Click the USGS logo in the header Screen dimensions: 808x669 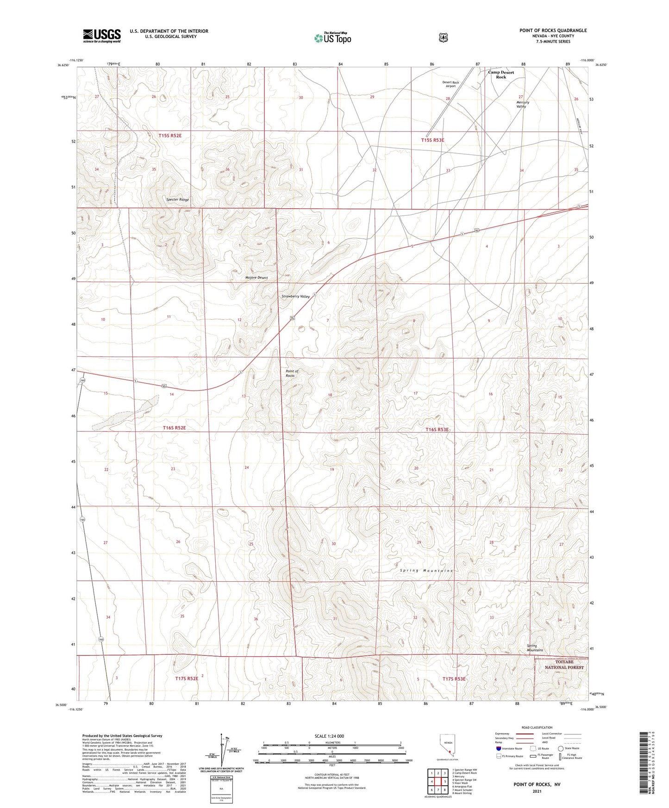101,36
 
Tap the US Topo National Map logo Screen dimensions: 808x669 332,37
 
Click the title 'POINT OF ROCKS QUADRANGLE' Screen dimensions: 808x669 553,31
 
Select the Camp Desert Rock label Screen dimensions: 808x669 501,75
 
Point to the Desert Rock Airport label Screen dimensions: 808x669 450,84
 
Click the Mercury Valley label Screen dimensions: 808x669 522,104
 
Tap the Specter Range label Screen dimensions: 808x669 178,199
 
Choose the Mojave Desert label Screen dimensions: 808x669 256,278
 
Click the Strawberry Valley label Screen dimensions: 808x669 295,296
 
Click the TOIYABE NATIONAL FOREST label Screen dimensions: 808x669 564,665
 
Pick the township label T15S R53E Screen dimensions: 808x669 432,140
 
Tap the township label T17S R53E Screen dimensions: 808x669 454,679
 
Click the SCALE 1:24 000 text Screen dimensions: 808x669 329,736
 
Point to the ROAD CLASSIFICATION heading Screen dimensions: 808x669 537,727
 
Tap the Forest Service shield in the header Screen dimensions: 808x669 443,37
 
